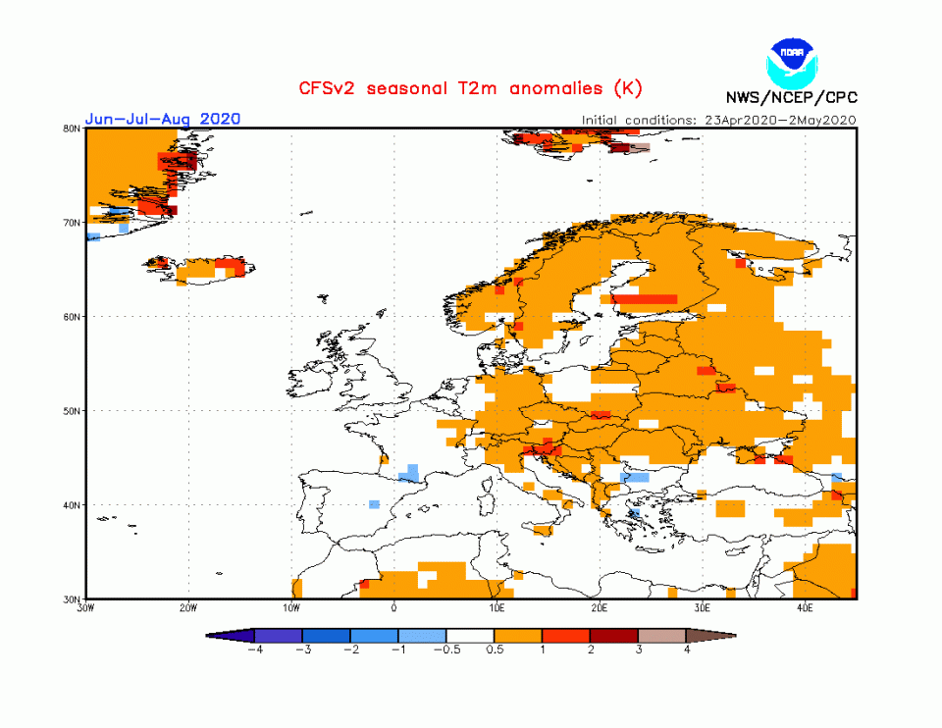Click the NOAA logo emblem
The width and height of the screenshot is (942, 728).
click(x=792, y=60)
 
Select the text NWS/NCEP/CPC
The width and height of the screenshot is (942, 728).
click(x=790, y=97)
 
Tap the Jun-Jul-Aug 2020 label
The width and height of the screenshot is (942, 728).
click(x=163, y=119)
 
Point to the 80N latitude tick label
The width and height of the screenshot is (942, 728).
click(x=72, y=129)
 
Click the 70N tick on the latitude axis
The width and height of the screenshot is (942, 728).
click(x=72, y=223)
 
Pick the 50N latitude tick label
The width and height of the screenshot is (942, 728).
click(x=72, y=411)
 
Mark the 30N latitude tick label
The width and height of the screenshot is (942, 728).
click(x=72, y=598)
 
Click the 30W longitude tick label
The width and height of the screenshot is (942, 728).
click(x=86, y=608)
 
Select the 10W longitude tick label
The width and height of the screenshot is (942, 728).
click(x=291, y=608)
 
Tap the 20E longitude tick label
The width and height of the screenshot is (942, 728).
click(x=601, y=608)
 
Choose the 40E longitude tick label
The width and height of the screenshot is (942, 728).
click(x=806, y=608)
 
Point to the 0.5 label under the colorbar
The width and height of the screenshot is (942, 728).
click(x=495, y=650)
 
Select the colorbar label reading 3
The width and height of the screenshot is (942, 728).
click(x=639, y=650)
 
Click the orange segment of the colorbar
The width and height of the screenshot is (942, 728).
click(x=518, y=636)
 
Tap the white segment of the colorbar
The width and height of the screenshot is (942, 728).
click(x=470, y=636)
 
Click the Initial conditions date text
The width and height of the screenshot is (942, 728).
click(x=719, y=120)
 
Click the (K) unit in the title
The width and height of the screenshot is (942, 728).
click(x=627, y=88)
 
